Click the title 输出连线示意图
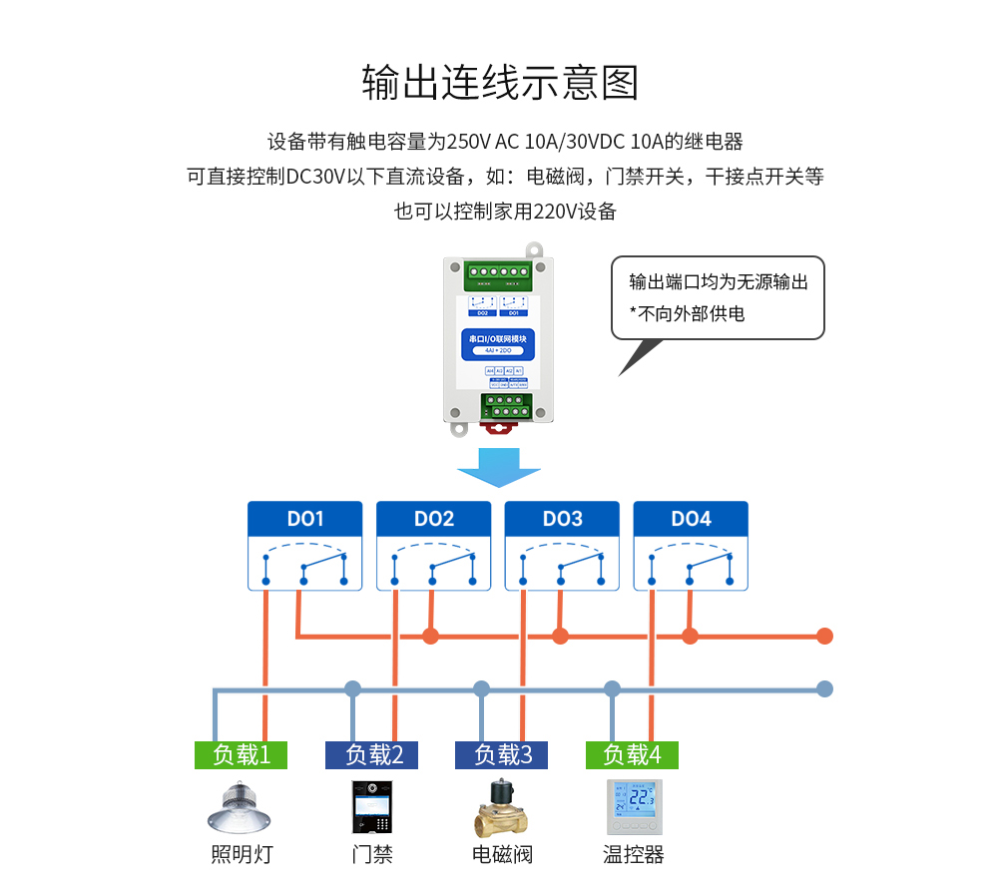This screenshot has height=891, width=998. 499,84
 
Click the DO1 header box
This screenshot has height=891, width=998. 305,519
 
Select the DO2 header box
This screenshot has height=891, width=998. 433,519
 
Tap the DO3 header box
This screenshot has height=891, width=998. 562,519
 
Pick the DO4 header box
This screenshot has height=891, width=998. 691,519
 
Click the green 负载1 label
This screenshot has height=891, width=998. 241,755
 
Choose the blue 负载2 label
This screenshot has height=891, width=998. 371,755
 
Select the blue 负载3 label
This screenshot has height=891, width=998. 501,755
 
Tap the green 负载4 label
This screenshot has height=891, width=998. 632,755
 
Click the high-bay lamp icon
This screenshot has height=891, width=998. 241,806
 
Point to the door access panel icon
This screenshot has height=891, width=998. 371,807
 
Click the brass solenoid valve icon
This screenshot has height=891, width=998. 501,807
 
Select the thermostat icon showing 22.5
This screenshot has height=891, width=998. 634,807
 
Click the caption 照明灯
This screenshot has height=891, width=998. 241,855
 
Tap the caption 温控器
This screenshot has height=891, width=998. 634,855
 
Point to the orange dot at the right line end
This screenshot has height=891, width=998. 824,636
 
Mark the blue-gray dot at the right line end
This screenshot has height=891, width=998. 824,688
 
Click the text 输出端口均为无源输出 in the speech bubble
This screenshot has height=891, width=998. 718,281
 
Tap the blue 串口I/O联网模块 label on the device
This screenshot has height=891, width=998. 497,339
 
